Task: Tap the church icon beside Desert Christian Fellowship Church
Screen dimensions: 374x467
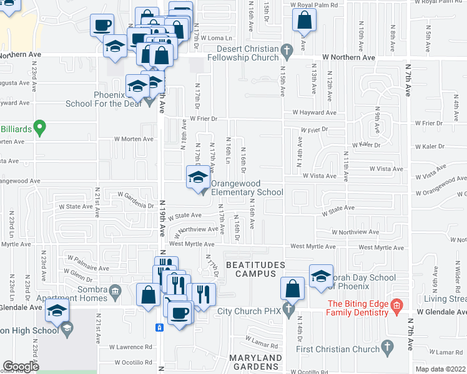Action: [287, 49]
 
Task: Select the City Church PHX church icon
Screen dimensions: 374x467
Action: [288, 310]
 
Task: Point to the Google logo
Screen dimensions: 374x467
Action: [21, 367]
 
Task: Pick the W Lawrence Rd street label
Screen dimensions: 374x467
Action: [130, 347]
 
